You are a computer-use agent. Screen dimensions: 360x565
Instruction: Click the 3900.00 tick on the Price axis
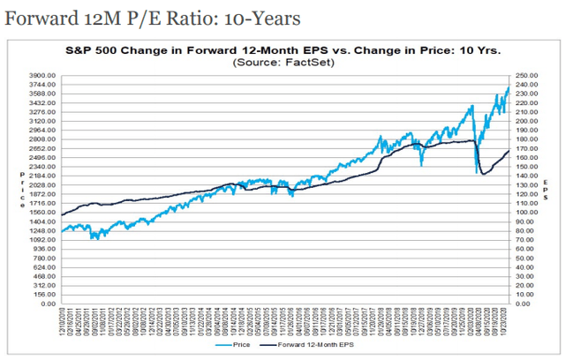pos(41,76)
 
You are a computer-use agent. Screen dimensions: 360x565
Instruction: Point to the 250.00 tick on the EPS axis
pos(528,76)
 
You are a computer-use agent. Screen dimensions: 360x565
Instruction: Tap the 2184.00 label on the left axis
pos(41,176)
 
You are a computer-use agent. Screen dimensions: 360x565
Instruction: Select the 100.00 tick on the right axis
pos(528,213)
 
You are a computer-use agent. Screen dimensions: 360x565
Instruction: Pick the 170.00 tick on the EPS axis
pos(528,149)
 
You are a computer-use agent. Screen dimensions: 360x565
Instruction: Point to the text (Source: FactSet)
pos(282,64)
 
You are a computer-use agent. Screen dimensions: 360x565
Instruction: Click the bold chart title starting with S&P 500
pos(282,52)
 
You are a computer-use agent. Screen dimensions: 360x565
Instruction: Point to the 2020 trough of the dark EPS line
pos(482,174)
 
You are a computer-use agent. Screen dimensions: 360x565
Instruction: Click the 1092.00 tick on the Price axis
pos(41,240)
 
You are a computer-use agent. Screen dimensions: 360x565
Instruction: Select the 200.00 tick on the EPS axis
pos(528,122)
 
